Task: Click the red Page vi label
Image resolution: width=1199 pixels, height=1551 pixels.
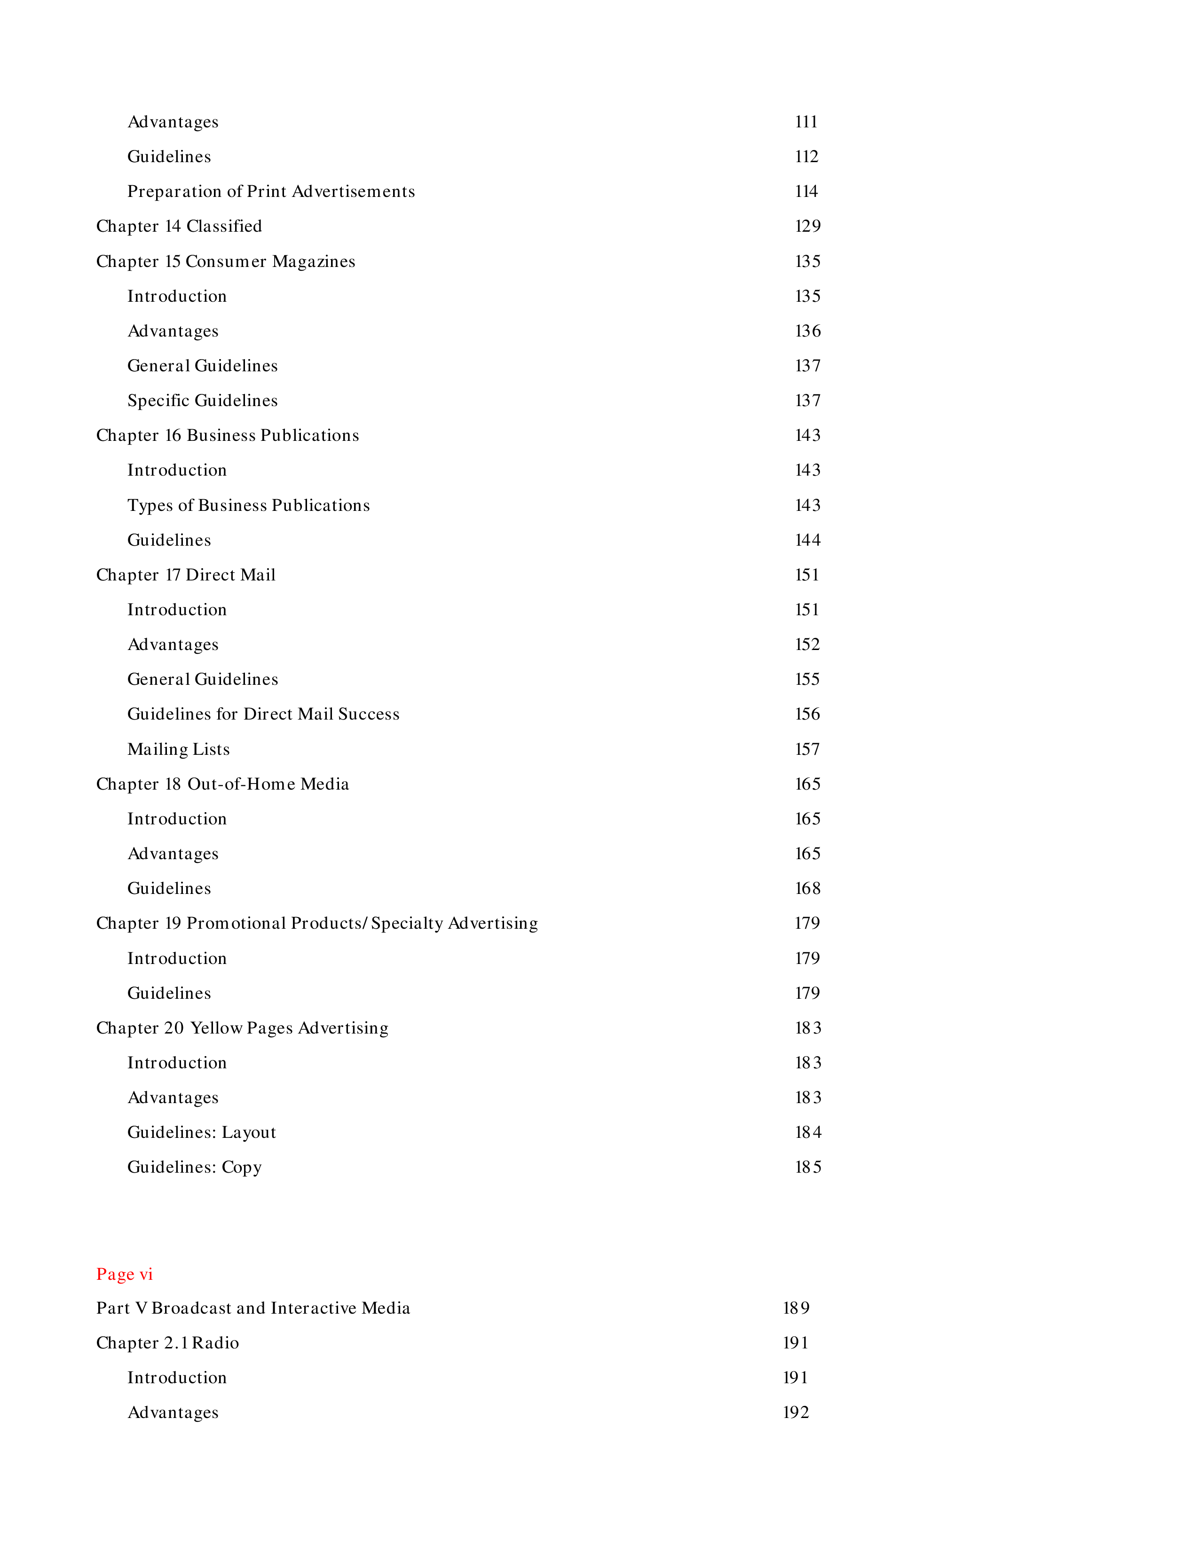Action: [124, 1274]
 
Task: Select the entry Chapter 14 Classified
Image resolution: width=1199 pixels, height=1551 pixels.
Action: [179, 226]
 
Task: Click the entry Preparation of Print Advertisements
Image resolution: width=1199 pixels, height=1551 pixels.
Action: [271, 191]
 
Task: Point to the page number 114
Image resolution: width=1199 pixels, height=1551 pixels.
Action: [806, 191]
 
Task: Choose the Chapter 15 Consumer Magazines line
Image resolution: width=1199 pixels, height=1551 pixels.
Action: [225, 261]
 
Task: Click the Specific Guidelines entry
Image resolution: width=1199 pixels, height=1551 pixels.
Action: [203, 400]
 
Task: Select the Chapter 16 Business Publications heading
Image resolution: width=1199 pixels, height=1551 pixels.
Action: [227, 435]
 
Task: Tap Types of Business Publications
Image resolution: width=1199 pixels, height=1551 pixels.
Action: [249, 505]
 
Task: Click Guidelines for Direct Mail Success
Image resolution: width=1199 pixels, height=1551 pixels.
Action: [263, 714]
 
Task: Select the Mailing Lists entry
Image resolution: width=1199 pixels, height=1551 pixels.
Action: [178, 749]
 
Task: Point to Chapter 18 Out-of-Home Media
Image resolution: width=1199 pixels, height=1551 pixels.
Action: [222, 784]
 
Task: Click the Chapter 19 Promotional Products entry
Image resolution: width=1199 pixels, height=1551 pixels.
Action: [317, 923]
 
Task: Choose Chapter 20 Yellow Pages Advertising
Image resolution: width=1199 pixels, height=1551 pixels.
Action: [242, 1027]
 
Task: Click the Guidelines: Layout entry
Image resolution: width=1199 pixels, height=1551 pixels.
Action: [201, 1132]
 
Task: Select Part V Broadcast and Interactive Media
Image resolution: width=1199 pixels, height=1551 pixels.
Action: [253, 1308]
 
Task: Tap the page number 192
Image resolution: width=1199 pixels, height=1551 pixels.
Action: [796, 1412]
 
